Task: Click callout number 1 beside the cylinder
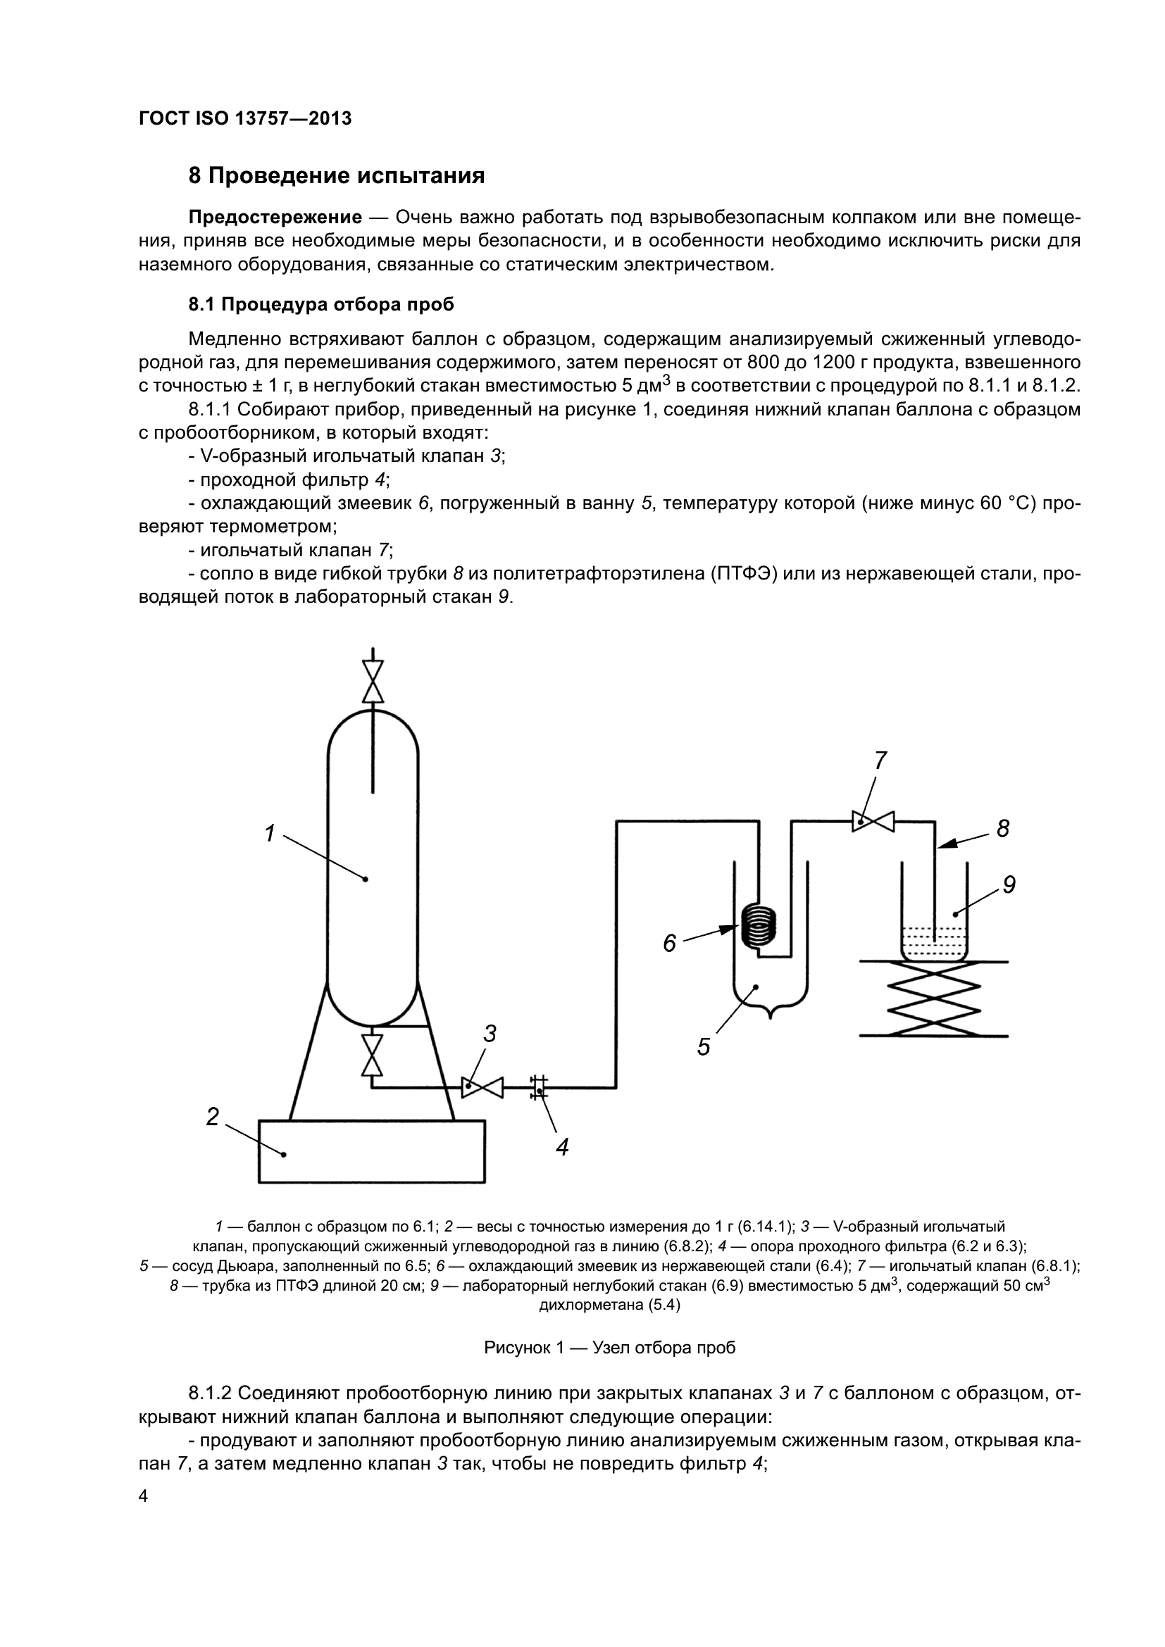coord(270,834)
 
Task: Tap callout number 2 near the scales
coord(212,1117)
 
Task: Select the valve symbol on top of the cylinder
coord(373,681)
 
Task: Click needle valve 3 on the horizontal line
coord(482,1087)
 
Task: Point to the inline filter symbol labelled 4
coord(540,1087)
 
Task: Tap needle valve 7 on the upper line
coord(873,821)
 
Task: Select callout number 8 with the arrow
coord(1003,829)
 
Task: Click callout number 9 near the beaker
coord(1009,885)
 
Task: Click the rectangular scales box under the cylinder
coord(372,1151)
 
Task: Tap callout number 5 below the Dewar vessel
coord(704,1047)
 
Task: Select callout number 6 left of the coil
coord(669,944)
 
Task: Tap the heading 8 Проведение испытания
coord(337,176)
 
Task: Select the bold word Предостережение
coord(275,218)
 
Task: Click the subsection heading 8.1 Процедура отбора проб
coord(321,305)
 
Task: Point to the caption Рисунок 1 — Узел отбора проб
coord(610,1348)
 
